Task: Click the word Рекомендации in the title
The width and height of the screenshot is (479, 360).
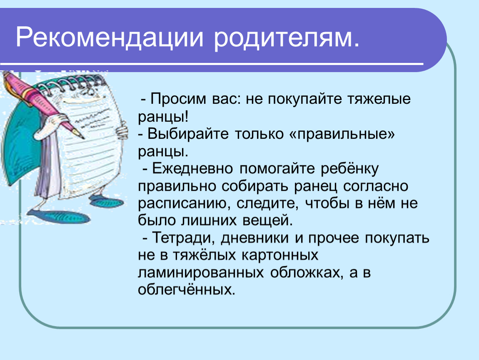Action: [110, 37]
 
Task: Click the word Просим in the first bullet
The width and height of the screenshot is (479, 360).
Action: [178, 99]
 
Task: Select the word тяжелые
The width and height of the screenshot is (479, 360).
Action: [379, 99]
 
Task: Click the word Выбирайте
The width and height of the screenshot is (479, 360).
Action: [188, 134]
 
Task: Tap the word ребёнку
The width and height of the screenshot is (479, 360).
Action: [349, 168]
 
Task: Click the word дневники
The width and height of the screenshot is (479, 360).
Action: [255, 238]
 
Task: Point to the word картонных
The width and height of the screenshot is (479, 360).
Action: [280, 255]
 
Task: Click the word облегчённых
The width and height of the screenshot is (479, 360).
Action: [187, 290]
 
